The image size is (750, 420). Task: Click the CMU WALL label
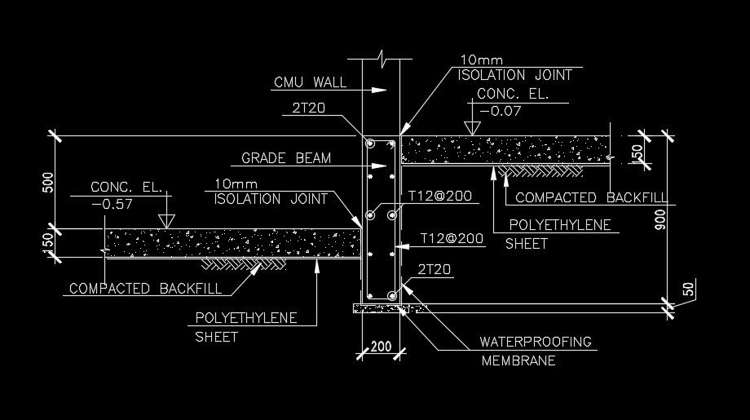(x=310, y=82)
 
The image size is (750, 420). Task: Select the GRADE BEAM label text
(x=286, y=158)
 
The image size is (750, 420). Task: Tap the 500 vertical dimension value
(x=48, y=183)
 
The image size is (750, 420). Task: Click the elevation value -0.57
(x=112, y=205)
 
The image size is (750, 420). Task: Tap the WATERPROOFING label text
(x=536, y=342)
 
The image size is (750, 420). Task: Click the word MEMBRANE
(x=518, y=360)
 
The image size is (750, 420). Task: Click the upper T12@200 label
(x=441, y=196)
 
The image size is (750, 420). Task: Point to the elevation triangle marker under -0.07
(x=470, y=128)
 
